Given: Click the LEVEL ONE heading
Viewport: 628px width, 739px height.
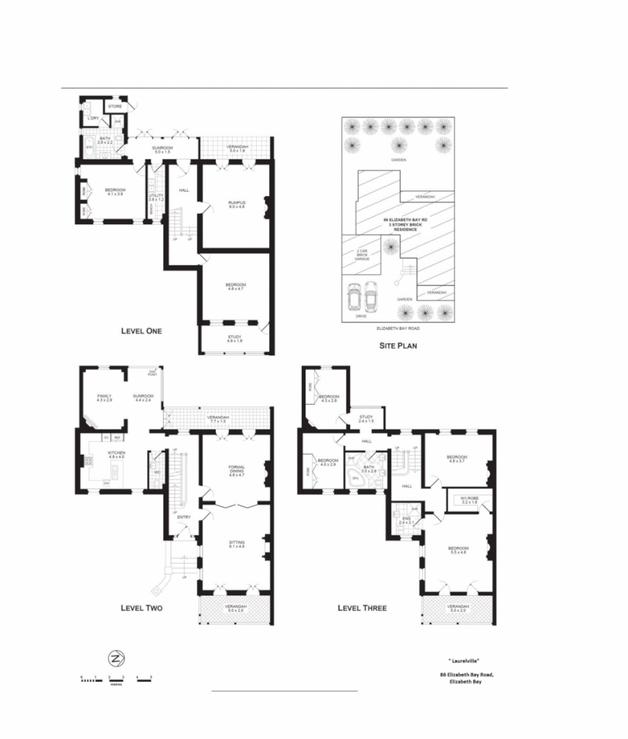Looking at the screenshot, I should pyautogui.click(x=141, y=331).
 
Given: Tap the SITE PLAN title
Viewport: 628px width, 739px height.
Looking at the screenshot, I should pyautogui.click(x=398, y=345).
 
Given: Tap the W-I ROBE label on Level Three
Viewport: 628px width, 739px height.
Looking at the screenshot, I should pyautogui.click(x=469, y=499).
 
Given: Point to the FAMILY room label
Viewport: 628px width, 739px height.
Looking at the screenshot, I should pyautogui.click(x=105, y=398).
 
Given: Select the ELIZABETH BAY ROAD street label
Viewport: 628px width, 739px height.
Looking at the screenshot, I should pyautogui.click(x=398, y=328).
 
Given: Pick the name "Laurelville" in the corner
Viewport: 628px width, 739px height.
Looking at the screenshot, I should pyautogui.click(x=464, y=660).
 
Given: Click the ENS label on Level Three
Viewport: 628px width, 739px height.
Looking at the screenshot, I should pyautogui.click(x=405, y=518).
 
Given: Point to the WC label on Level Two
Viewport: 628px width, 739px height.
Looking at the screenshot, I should pyautogui.click(x=156, y=472).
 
